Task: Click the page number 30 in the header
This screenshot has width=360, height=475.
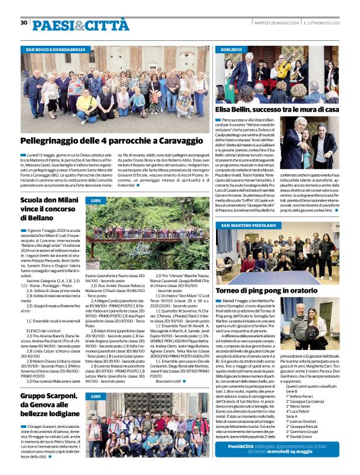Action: click(x=24, y=22)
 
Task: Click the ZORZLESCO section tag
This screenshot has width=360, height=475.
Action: click(x=232, y=49)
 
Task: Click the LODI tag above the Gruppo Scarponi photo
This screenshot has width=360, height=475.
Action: click(x=96, y=396)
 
